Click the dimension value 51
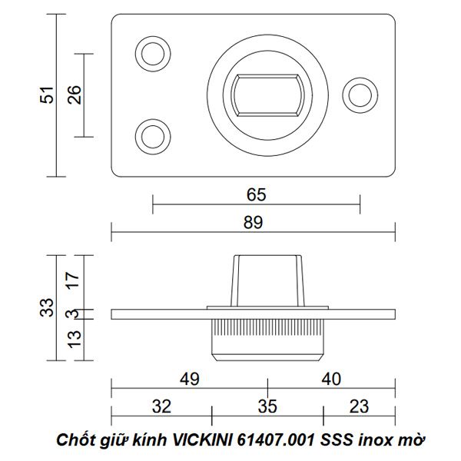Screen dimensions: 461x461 pos(47,95)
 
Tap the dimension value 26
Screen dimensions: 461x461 pos(74,95)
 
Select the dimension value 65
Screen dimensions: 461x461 pos(256,194)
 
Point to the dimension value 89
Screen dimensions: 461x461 pos(253,222)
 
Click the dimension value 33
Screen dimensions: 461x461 pos(47,307)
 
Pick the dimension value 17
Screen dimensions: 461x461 pos(73,280)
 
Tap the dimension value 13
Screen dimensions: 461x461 pos(74,340)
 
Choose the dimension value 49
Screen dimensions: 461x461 pos(189,379)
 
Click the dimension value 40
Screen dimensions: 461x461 pos(331,379)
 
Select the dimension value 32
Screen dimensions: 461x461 pos(161,406)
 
